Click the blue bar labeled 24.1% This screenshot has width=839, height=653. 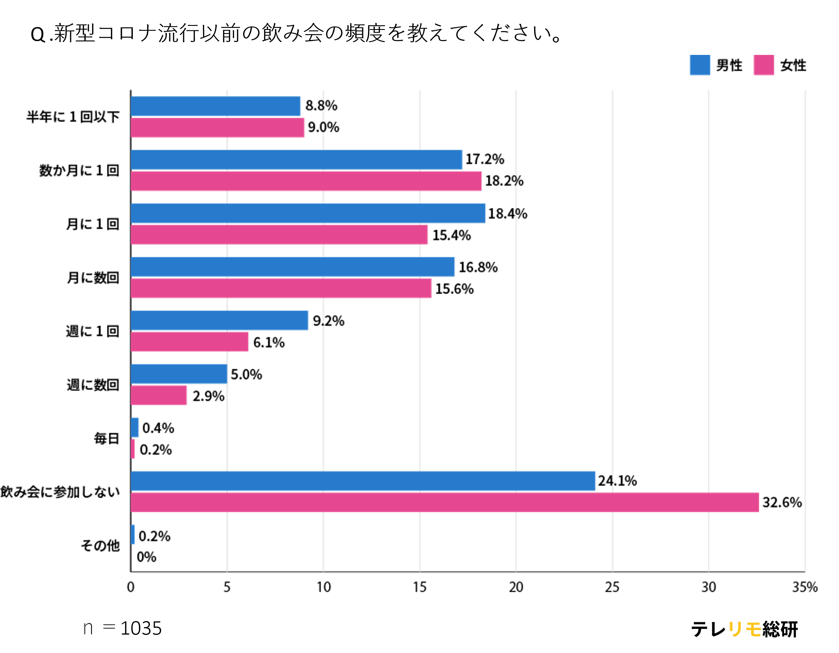363,481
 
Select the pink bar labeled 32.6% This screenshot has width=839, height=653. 445,502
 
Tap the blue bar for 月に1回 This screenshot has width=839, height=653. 308,213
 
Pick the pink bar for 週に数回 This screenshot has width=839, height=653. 159,395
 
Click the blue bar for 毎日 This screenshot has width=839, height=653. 135,428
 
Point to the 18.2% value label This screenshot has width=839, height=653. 504,181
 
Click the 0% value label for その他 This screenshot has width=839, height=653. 146,557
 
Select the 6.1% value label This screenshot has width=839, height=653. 269,342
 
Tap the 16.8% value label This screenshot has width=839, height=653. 478,267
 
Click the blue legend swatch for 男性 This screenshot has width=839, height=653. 700,65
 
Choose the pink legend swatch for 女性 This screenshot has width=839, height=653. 763,65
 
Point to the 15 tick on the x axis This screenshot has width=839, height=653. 419,587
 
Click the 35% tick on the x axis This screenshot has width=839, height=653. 804,587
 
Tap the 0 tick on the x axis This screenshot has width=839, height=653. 131,587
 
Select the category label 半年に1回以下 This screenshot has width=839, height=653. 73,117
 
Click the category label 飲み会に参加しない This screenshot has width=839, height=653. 60,492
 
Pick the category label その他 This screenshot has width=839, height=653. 100,545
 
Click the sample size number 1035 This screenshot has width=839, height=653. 141,629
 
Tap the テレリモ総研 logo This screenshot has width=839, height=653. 744,629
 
